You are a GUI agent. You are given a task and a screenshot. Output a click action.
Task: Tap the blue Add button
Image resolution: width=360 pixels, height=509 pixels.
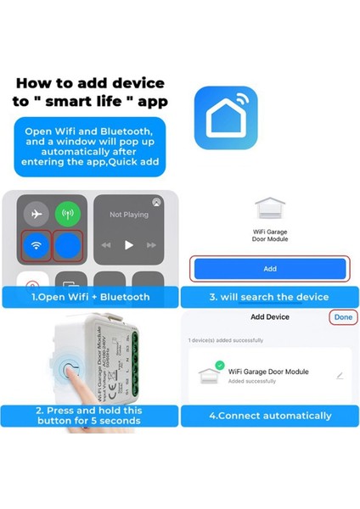point(270,268)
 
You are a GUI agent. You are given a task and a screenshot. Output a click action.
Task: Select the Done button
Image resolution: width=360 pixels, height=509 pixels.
point(343,316)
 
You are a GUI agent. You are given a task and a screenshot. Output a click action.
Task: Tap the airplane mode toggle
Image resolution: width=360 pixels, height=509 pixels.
point(37,214)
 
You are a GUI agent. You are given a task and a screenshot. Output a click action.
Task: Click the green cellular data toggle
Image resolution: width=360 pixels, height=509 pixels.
point(68,214)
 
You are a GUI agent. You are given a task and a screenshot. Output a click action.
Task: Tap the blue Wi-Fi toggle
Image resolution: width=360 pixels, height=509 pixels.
point(37,246)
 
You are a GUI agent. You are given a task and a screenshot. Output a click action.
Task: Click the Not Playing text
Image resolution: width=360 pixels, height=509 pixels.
point(128,215)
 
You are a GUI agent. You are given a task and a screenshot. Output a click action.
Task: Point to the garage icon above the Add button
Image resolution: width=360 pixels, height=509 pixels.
point(270,209)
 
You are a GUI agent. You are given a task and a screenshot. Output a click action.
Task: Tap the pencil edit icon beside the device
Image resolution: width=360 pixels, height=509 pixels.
point(340,375)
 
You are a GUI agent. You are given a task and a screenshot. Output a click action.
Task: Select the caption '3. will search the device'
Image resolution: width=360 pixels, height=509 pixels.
point(269,297)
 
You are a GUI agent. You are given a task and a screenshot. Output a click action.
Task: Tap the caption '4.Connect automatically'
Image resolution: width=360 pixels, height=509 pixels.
point(270,416)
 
